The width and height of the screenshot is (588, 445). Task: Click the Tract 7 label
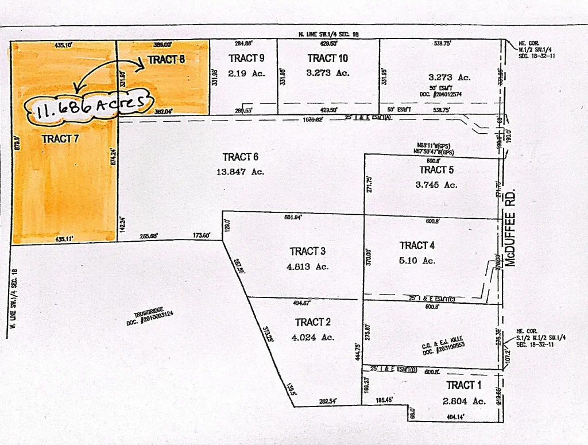pyautogui.click(x=60, y=138)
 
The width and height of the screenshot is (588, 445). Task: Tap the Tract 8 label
pyautogui.click(x=166, y=59)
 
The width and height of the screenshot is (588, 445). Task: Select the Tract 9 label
pyautogui.click(x=246, y=58)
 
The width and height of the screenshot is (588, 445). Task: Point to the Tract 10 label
pyautogui.click(x=327, y=58)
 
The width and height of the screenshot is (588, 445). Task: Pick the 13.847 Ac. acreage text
pyautogui.click(x=241, y=171)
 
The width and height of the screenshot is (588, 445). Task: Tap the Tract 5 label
pyautogui.click(x=436, y=169)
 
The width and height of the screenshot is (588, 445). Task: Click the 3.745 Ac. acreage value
pyautogui.click(x=437, y=184)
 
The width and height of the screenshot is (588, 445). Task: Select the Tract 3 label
pyautogui.click(x=308, y=251)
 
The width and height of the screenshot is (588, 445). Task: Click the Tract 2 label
pyautogui.click(x=313, y=322)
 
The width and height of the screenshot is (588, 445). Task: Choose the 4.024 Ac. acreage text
pyautogui.click(x=313, y=337)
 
